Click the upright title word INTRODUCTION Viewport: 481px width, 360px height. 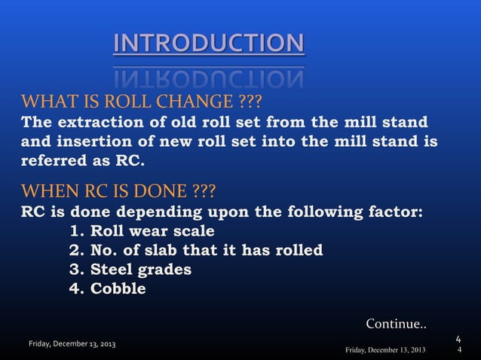[x=209, y=43]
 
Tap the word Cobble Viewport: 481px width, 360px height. [x=118, y=288]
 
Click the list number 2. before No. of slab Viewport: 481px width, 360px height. [x=76, y=250]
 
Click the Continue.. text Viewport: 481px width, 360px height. [x=396, y=324]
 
